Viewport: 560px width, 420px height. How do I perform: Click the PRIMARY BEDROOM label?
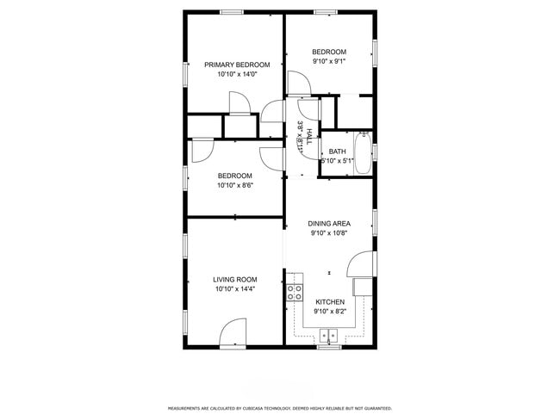click(237, 65)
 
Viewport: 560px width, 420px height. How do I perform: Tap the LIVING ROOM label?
click(235, 279)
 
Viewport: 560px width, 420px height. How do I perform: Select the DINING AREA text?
click(329, 224)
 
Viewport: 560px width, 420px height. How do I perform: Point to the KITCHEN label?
click(330, 302)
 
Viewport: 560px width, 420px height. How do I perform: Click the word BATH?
click(337, 151)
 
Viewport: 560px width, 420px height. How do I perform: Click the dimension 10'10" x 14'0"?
click(237, 75)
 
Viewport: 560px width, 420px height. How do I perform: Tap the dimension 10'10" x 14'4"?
click(235, 289)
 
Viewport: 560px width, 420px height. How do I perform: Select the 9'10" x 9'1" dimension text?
click(329, 61)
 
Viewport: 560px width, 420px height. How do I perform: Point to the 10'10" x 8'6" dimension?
click(234, 185)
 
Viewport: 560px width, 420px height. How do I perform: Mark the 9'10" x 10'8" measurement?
click(329, 233)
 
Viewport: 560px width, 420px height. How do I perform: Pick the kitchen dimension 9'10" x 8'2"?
click(330, 312)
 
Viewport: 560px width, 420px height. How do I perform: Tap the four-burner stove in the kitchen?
click(295, 291)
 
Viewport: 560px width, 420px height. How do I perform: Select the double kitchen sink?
click(329, 337)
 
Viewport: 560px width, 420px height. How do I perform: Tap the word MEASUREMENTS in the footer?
click(184, 408)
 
